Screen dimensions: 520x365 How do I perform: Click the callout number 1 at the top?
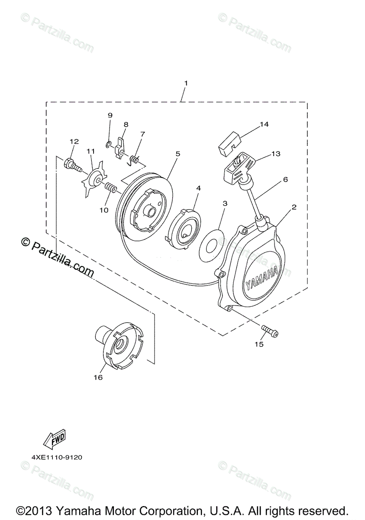(186, 83)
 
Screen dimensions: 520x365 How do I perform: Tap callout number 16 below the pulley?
(98, 377)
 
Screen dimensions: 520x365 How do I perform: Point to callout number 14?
(264, 124)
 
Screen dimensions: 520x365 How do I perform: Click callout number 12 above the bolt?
(74, 141)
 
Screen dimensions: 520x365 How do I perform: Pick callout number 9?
(110, 115)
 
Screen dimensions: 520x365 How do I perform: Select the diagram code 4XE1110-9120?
(57, 457)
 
